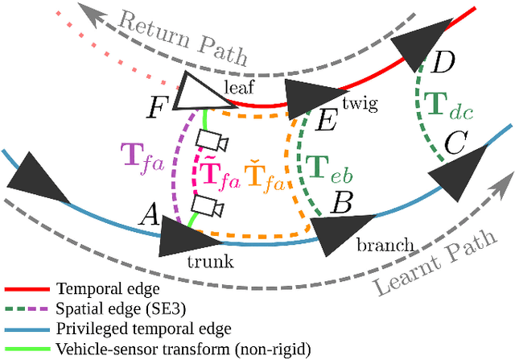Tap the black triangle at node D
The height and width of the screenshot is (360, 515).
point(421,47)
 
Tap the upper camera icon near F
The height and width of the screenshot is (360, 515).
point(212,141)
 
